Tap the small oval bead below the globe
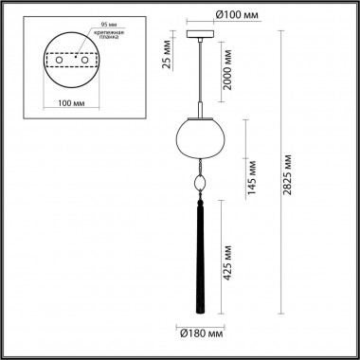pyautogui.click(x=200, y=184)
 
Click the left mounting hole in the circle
pyautogui.click(x=60, y=61)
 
